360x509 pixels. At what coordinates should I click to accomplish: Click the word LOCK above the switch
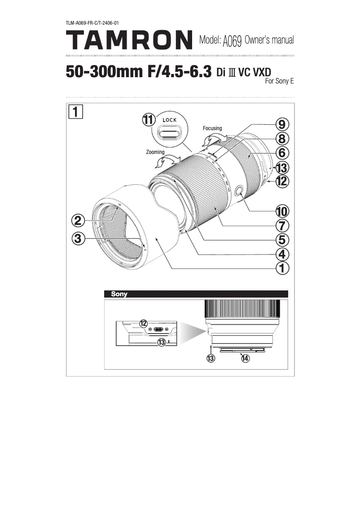170,120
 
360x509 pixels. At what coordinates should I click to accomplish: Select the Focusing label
212,128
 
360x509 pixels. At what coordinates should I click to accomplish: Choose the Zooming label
156,152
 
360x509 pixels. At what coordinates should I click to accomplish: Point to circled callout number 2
78,221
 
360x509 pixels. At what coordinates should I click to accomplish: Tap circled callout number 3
78,239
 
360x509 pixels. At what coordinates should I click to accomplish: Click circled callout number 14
245,358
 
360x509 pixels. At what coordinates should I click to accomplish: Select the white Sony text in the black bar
119,294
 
